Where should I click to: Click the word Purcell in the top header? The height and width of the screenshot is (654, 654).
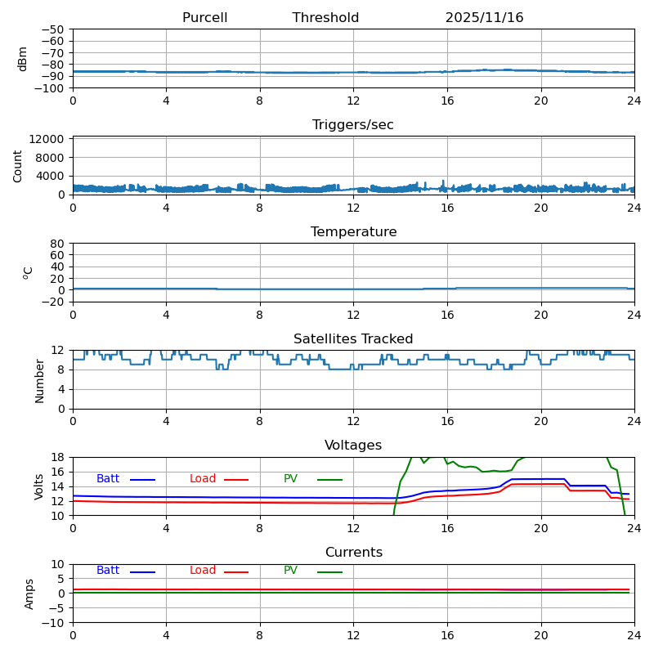click(x=204, y=18)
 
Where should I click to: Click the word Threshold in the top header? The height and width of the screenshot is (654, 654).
click(x=325, y=18)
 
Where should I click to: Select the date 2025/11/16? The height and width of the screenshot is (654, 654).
click(x=484, y=18)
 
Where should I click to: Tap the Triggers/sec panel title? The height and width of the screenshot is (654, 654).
click(x=353, y=125)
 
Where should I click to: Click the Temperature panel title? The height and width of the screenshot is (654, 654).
click(x=353, y=232)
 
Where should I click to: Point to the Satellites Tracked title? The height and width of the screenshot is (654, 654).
click(x=353, y=339)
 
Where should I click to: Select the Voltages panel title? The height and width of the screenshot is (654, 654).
click(x=353, y=446)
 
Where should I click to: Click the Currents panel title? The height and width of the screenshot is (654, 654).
click(x=353, y=553)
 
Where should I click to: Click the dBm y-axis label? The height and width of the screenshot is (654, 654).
click(x=23, y=58)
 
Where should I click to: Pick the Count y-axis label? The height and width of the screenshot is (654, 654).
click(x=18, y=165)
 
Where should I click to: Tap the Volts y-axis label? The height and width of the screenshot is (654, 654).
click(x=39, y=486)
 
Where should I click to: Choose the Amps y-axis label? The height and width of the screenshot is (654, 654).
click(x=29, y=594)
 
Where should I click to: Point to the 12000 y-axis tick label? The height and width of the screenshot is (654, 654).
click(x=50, y=139)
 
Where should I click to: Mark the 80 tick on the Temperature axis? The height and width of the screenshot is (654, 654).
click(x=57, y=244)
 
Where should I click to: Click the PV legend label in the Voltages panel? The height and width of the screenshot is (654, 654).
click(x=290, y=479)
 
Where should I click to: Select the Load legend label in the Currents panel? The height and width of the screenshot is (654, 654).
click(x=203, y=571)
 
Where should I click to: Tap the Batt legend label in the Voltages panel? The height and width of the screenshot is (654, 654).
click(x=108, y=479)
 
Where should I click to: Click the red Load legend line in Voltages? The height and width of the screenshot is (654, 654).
click(x=236, y=480)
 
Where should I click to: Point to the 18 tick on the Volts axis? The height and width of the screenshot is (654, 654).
click(x=57, y=457)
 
